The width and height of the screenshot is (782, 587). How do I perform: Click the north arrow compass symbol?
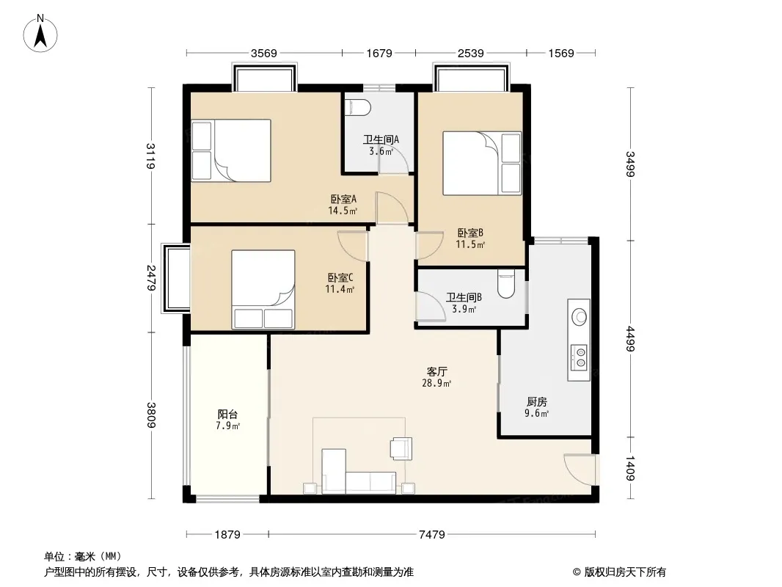click(x=40, y=34)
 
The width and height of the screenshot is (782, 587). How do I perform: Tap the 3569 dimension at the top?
click(x=264, y=54)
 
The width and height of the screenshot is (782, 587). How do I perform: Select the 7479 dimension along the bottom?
click(x=432, y=535)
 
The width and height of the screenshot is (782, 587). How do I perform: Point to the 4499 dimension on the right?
click(x=631, y=339)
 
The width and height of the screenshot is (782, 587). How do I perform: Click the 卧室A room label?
click(x=343, y=199)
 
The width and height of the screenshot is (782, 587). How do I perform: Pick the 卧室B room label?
click(x=470, y=233)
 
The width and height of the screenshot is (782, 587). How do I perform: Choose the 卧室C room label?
click(x=340, y=277)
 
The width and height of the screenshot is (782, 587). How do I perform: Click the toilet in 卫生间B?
click(x=505, y=284)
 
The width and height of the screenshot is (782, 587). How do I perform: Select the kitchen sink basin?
click(x=579, y=317)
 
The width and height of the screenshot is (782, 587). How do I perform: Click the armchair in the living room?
click(x=401, y=448)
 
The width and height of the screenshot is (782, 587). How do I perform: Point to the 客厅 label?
click(x=437, y=371)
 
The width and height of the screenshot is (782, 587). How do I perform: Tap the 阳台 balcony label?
click(x=227, y=414)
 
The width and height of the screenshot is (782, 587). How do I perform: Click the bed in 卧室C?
click(x=263, y=289)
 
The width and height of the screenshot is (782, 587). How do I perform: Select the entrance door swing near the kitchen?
click(x=580, y=469)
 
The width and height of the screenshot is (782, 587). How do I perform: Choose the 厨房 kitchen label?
click(x=537, y=401)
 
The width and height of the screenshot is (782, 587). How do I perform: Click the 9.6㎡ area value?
click(x=537, y=413)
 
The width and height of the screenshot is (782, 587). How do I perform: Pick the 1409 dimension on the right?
click(x=631, y=468)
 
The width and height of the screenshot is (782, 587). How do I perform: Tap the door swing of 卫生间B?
click(x=431, y=305)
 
